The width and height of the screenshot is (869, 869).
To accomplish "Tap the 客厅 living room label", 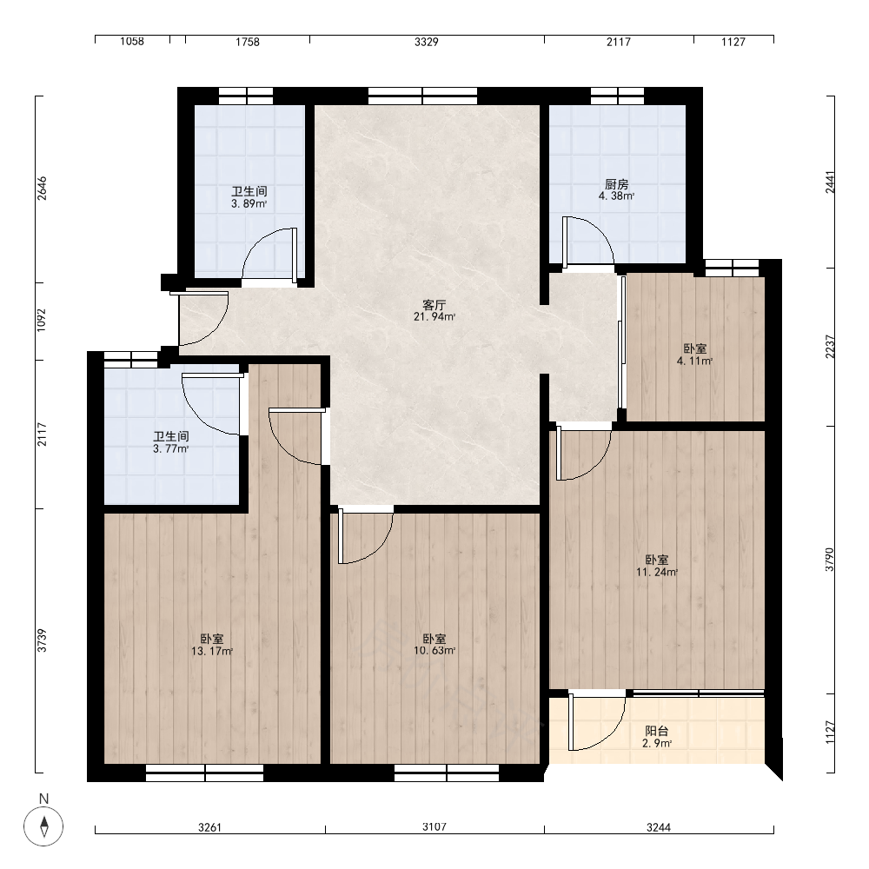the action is (x=434, y=305).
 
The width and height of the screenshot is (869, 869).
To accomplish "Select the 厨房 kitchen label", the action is (x=616, y=184).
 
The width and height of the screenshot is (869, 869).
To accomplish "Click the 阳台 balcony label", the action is (x=657, y=731).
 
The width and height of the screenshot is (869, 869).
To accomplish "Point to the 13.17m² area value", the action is (x=212, y=651).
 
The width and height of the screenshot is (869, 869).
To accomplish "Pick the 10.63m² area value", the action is (x=434, y=651).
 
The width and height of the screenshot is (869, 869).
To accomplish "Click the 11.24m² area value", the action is (x=657, y=572).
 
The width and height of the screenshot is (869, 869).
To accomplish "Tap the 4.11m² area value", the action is (x=694, y=361).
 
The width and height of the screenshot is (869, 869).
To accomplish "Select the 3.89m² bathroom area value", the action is (x=249, y=203).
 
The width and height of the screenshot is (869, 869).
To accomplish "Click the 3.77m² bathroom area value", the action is (x=170, y=448).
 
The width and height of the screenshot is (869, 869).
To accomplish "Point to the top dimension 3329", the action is (x=426, y=42).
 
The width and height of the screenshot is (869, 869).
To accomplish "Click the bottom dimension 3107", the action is (x=434, y=827).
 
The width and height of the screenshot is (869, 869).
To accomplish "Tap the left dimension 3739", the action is (x=42, y=640).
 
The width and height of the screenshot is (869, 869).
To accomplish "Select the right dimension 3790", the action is (x=829, y=560).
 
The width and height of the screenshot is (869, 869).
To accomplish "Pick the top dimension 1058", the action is (x=132, y=42).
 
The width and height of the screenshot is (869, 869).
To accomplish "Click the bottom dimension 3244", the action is (x=659, y=827).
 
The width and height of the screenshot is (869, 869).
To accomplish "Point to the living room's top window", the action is (x=423, y=96).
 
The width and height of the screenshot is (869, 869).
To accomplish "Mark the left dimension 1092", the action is (x=42, y=321).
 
